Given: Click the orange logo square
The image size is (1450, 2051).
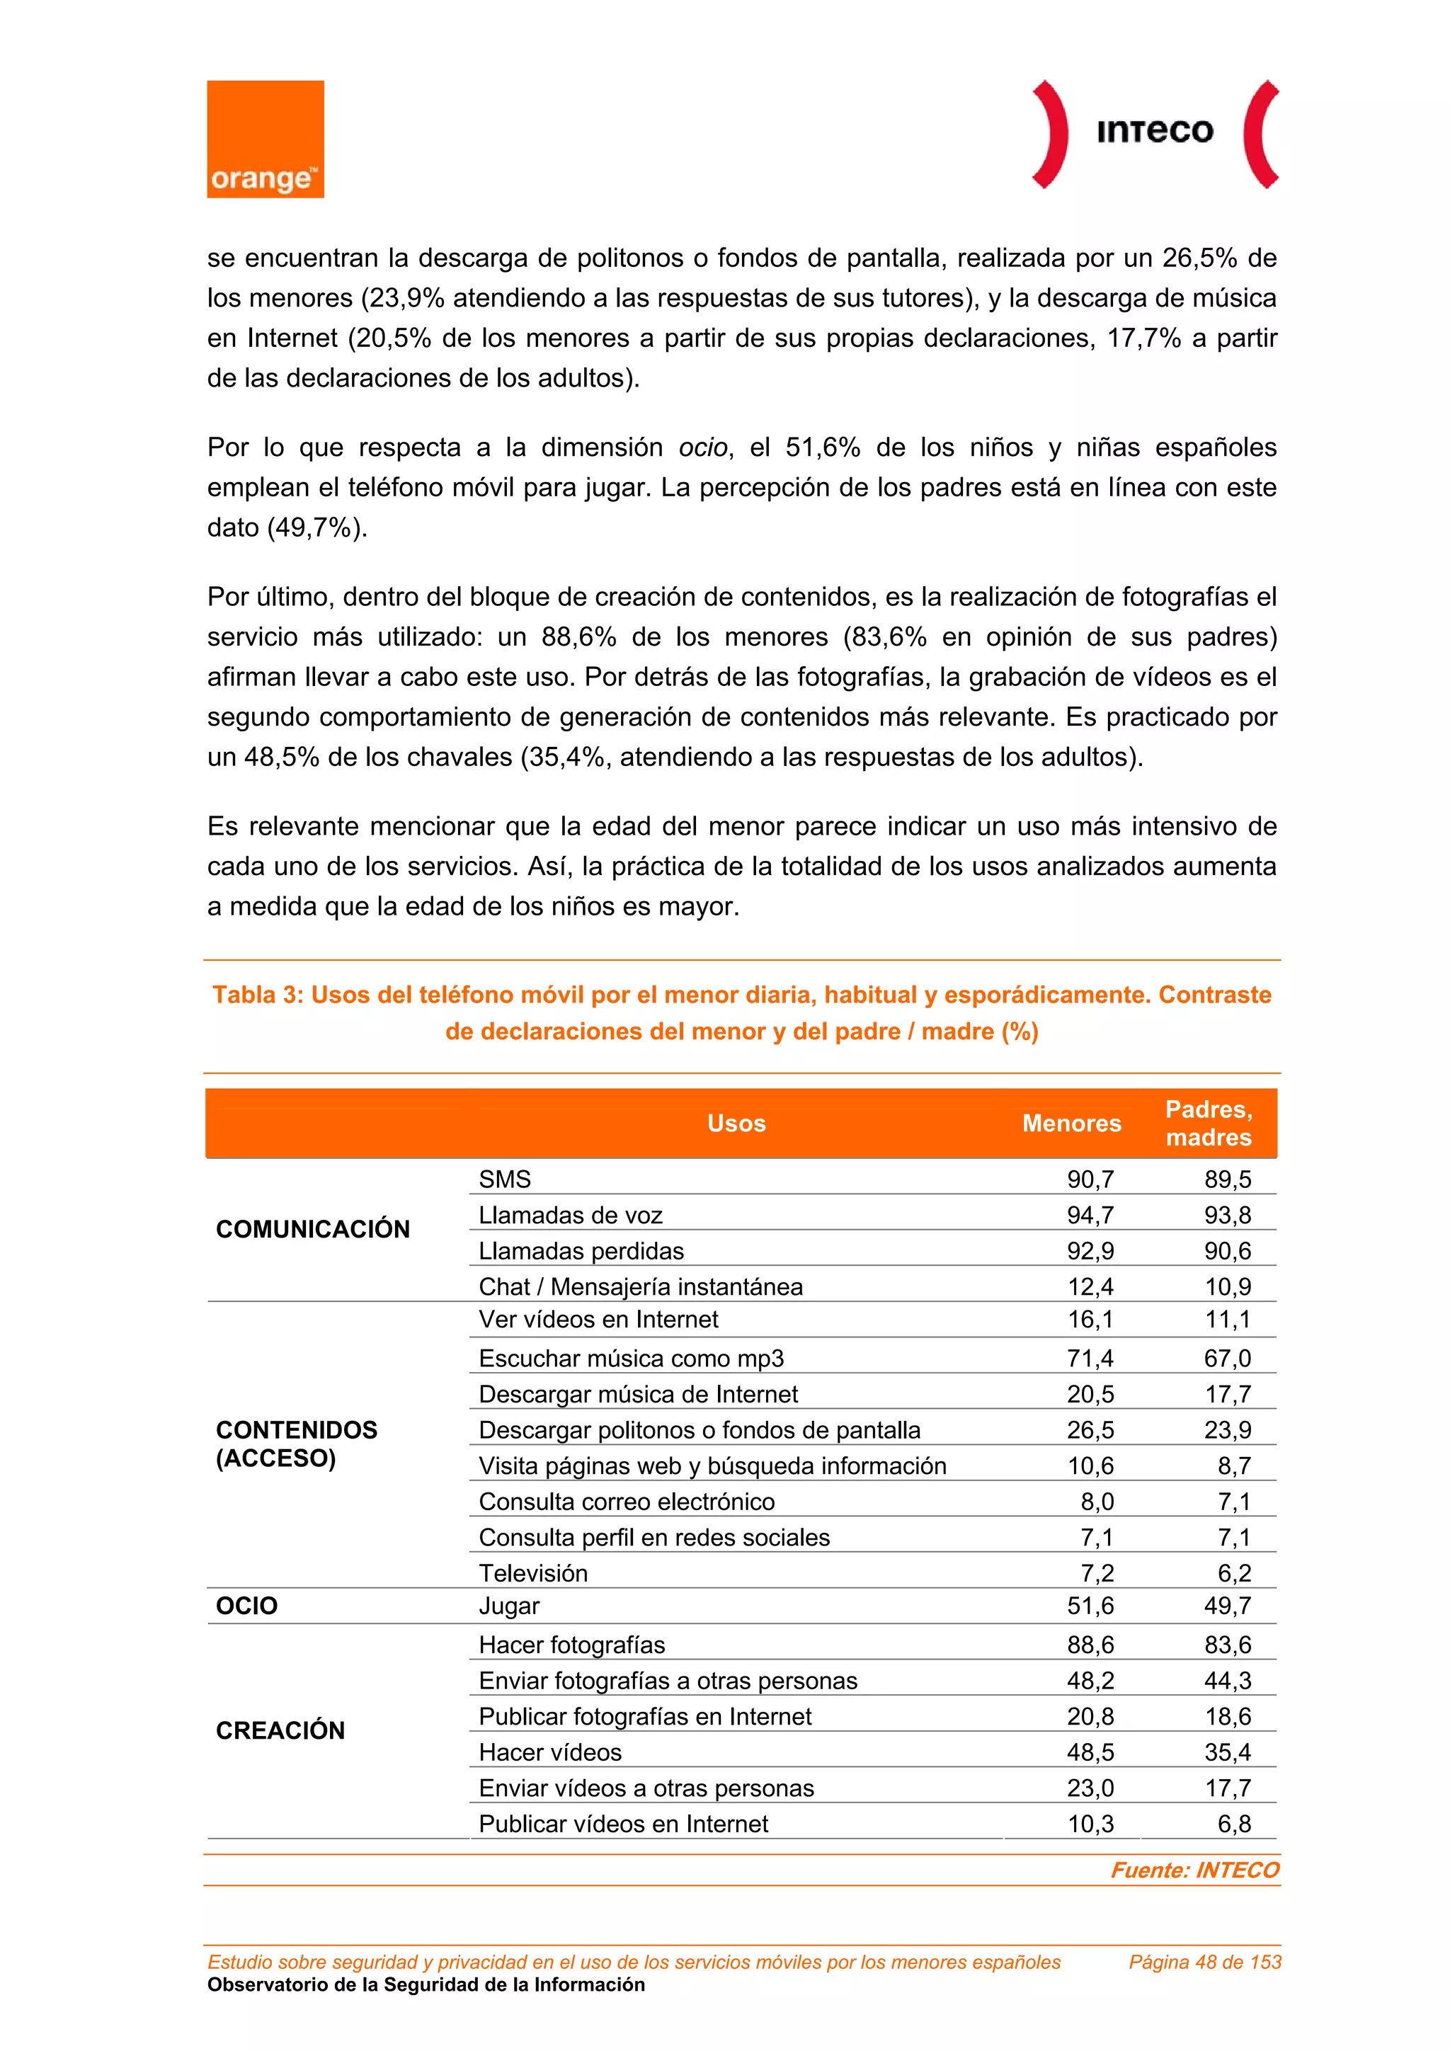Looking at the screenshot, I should coord(266,139).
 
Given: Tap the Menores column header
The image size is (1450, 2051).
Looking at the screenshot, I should coord(1071,1123).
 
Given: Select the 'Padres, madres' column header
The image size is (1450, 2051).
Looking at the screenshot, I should coord(1209,1123).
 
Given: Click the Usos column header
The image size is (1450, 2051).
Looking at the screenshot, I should coord(736,1123).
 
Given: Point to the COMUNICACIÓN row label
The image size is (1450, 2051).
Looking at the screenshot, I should coord(313,1229).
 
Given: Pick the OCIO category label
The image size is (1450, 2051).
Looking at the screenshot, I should coord(246,1606).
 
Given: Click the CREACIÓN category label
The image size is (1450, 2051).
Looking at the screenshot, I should coord(280,1730).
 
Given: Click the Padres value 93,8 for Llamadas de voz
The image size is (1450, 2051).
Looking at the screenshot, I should coord(1227,1215).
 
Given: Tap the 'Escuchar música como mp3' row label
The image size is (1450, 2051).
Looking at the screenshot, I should coord(631,1358).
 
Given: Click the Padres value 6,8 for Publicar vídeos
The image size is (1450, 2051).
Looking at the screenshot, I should coord(1234,1824).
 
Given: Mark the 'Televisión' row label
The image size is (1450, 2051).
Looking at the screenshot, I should coord(533,1573).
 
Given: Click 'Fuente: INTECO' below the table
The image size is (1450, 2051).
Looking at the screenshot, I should coord(1194,1870).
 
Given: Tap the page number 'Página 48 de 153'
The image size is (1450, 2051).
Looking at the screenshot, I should coord(1204,1962).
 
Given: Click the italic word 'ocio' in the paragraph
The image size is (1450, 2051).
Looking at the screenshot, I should coord(702,447).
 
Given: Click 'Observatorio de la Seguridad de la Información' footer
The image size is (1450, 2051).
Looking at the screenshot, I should coord(426,1985).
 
